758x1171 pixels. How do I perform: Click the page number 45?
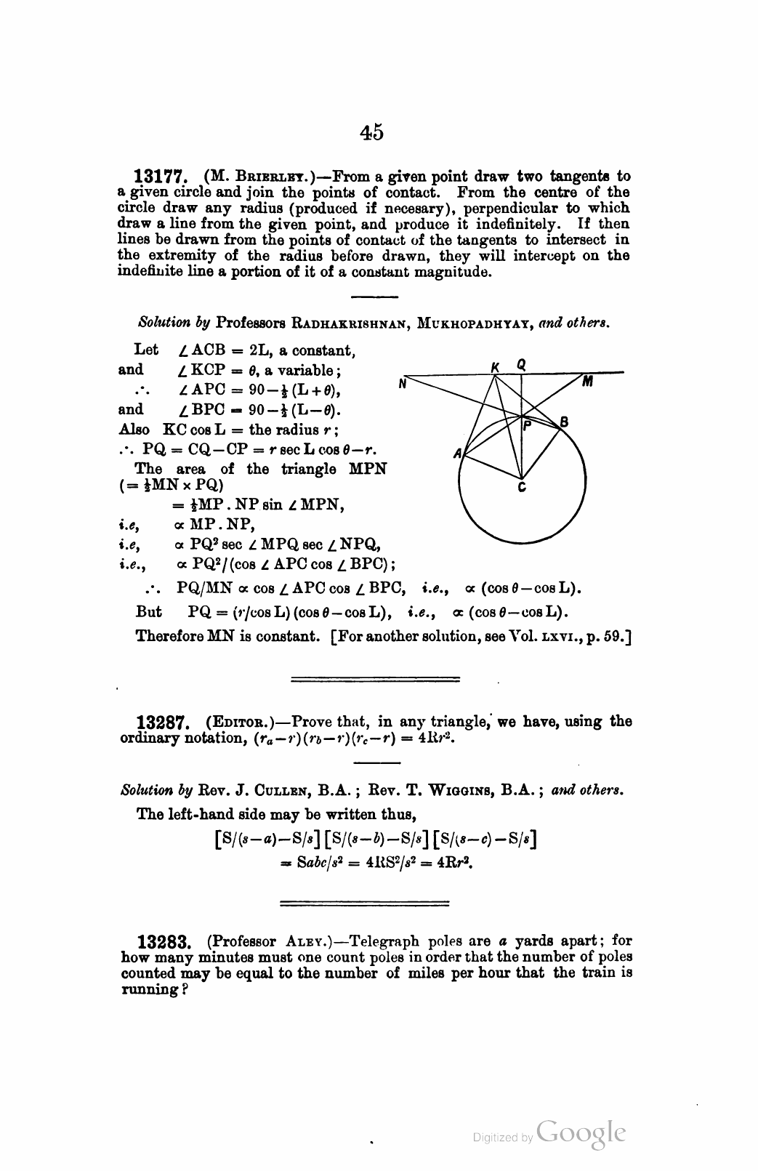click(x=371, y=132)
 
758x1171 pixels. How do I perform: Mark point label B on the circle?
click(x=564, y=422)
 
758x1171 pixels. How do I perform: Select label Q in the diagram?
click(x=521, y=364)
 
